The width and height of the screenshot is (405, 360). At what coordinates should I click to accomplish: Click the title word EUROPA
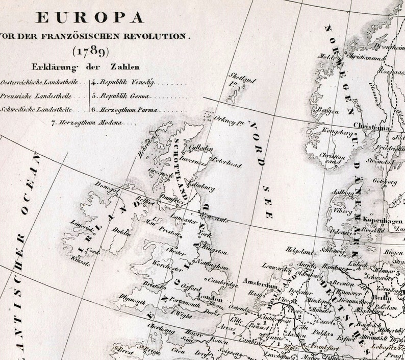pos(90,18)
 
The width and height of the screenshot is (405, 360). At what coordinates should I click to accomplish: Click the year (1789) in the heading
pos(90,51)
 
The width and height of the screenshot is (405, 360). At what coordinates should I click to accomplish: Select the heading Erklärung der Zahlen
pos(86,67)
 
